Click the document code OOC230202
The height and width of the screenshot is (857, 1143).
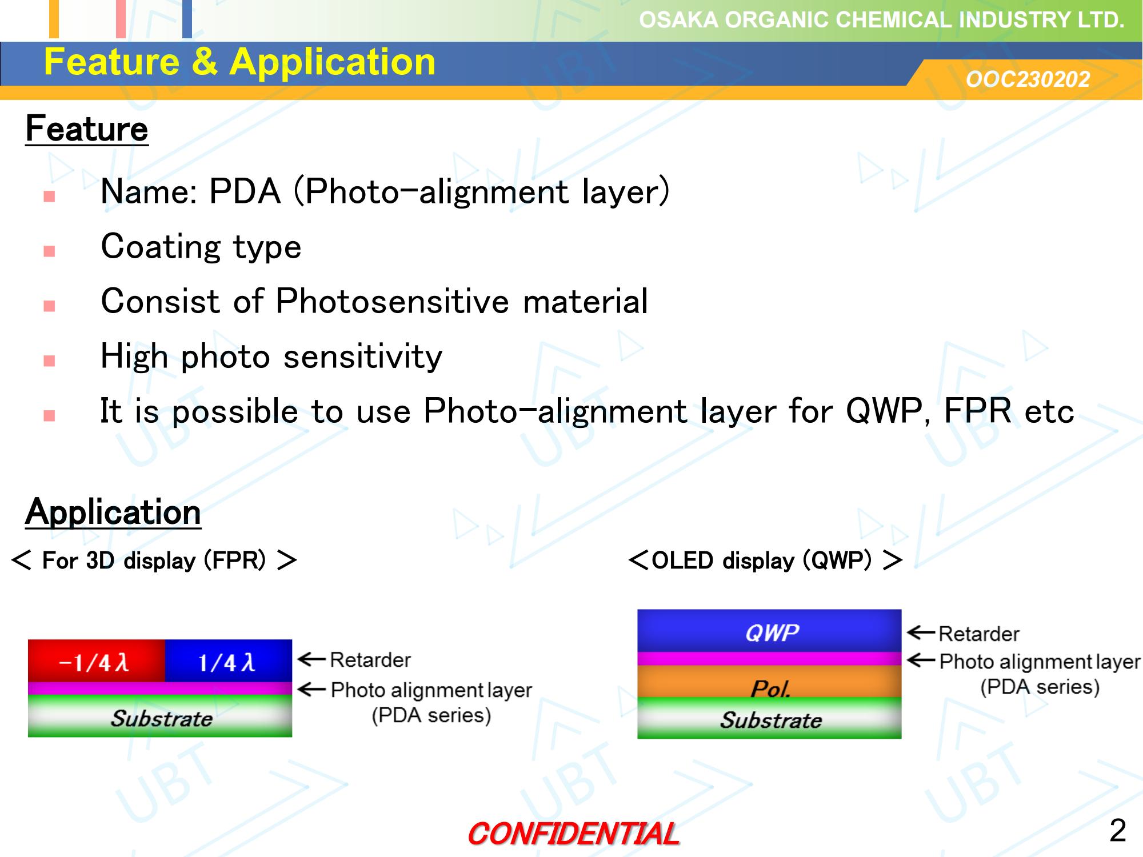click(1028, 79)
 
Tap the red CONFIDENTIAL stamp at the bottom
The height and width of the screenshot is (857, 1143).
click(573, 834)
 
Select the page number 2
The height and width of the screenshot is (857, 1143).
click(1117, 830)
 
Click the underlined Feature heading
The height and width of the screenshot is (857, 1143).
click(87, 129)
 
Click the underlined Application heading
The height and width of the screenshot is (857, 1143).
click(113, 512)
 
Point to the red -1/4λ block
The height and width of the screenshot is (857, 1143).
click(97, 661)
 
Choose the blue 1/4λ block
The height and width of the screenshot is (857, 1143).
click(229, 661)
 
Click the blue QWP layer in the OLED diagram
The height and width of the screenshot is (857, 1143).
click(769, 631)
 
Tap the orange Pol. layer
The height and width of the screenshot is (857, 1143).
click(769, 682)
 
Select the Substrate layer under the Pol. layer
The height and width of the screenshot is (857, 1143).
click(769, 719)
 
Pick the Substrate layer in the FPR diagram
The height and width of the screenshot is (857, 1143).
click(160, 716)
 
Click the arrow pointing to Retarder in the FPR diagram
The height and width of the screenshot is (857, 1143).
click(311, 659)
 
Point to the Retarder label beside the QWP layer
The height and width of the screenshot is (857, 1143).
click(978, 634)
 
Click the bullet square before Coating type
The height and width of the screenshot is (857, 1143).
click(49, 251)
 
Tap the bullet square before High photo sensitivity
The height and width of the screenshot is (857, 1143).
click(49, 361)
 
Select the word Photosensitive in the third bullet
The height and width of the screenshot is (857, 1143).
click(392, 301)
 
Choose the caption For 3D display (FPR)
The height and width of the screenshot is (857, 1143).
click(154, 560)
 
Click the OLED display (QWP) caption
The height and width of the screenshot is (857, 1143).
click(766, 560)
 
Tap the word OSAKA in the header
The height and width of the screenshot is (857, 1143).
click(678, 20)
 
